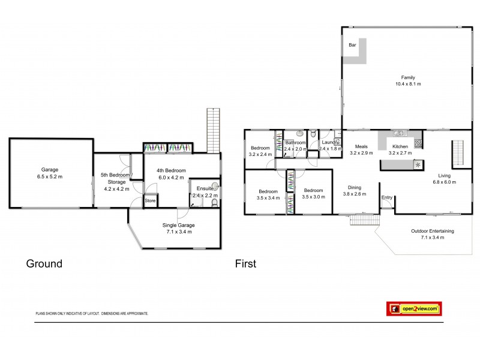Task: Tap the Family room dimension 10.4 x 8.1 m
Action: coord(408,84)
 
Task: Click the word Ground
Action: coord(44,263)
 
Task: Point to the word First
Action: coord(245,263)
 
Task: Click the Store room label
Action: coord(149,201)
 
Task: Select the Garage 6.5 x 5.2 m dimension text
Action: coord(49,177)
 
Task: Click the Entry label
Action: coord(387,198)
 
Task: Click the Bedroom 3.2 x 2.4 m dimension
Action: coord(260,154)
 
